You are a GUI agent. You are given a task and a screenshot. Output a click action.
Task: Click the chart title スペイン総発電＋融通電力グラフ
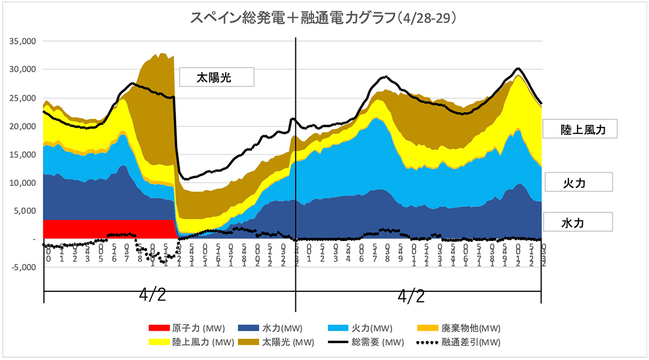325,18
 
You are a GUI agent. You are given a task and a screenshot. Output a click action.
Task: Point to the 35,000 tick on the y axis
21,41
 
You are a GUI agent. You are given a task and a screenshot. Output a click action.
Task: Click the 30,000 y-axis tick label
21,69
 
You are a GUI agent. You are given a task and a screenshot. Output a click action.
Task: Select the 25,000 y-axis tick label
21,98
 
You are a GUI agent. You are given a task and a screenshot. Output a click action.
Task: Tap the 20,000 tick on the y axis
21,126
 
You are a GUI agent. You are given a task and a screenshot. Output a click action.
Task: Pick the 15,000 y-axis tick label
21,154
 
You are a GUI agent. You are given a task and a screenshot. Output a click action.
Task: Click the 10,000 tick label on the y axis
21,183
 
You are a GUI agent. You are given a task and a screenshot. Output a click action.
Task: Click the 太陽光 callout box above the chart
216,78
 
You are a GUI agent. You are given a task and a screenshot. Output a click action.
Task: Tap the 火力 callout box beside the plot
578,182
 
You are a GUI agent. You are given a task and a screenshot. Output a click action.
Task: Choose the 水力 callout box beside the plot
578,222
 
